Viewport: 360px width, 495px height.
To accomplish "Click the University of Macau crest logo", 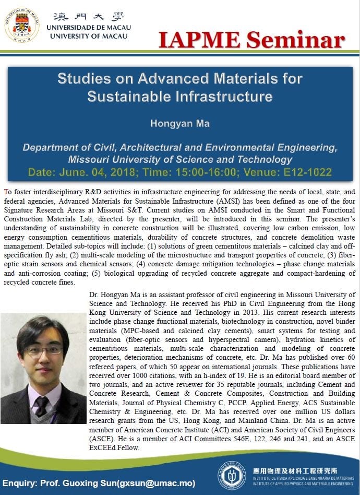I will [22, 25].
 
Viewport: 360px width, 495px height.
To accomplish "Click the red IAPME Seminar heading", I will [251, 39].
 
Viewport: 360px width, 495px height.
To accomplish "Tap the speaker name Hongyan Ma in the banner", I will [179, 124].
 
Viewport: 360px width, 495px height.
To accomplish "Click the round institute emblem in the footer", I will [232, 474].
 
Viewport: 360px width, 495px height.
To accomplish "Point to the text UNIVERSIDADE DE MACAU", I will [89, 27].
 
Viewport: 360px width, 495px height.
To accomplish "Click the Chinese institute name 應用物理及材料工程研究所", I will [294, 470].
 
